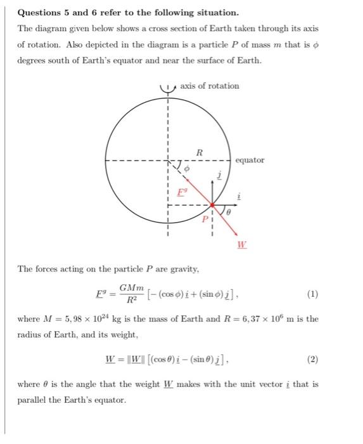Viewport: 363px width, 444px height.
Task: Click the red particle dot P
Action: (x=212, y=206)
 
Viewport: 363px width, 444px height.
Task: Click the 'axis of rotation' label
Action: (x=210, y=86)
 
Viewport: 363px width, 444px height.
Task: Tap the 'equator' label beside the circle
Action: (x=250, y=160)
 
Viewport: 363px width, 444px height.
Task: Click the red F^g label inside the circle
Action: (x=181, y=190)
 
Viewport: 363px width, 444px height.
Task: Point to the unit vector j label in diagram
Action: (x=219, y=176)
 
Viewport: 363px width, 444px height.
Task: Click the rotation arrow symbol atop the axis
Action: (x=168, y=88)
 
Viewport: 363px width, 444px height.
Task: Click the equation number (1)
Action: (x=312, y=294)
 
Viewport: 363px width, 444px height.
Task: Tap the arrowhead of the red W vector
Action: (x=240, y=235)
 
